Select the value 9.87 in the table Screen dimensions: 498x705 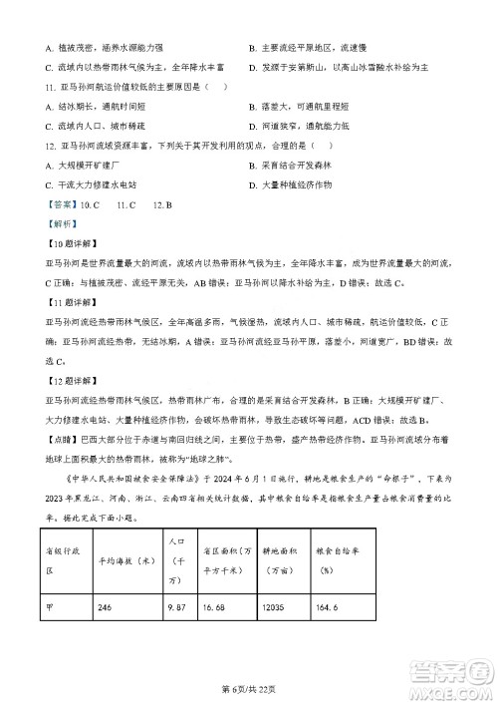coord(179,607)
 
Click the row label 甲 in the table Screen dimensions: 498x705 coord(50,607)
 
